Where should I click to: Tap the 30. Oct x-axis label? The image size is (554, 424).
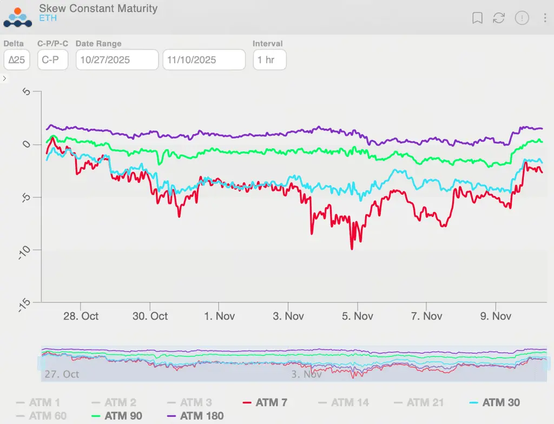point(150,316)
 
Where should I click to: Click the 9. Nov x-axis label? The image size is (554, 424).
point(495,316)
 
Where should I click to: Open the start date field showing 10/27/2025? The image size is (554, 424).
point(117,60)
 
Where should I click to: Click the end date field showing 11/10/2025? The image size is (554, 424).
point(204,60)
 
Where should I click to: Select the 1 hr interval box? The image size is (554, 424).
point(269,60)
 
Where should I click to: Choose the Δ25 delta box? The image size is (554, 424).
point(17,60)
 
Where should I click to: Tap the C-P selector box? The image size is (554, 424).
point(52,60)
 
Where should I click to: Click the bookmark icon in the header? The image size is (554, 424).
point(477,18)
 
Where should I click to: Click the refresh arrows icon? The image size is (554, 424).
point(499,18)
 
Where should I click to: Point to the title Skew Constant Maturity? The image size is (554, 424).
point(98,9)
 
